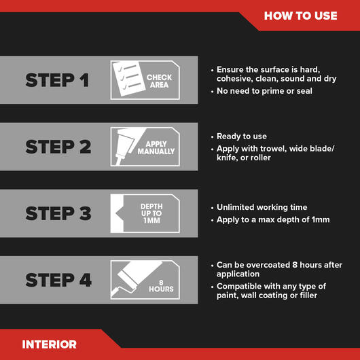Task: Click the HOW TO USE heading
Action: pyautogui.click(x=300, y=16)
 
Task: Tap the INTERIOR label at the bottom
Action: pyautogui.click(x=50, y=344)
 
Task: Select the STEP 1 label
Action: pyautogui.click(x=57, y=80)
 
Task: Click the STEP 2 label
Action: pyautogui.click(x=57, y=147)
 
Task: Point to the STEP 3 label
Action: pyautogui.click(x=57, y=213)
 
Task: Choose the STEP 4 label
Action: pyautogui.click(x=57, y=280)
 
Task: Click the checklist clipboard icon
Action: pyautogui.click(x=127, y=80)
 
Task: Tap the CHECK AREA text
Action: pyautogui.click(x=159, y=82)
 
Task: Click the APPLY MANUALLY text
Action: pyautogui.click(x=160, y=148)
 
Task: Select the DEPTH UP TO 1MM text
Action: pyautogui.click(x=151, y=214)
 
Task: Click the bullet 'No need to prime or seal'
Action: pyautogui.click(x=264, y=91)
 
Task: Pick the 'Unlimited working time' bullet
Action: pyautogui.click(x=262, y=207)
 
